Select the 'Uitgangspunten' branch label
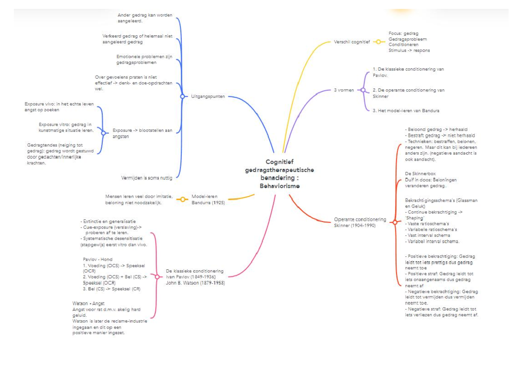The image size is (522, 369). click(208, 96)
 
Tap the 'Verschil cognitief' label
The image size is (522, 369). click(351, 42)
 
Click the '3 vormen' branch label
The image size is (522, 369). click(344, 90)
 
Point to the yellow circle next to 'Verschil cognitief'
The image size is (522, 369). click(378, 42)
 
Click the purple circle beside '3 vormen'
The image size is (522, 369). click(362, 90)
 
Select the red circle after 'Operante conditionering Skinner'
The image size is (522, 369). click(394, 222)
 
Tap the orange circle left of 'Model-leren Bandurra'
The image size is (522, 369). click(183, 199)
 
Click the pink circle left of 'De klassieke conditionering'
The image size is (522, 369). click(157, 276)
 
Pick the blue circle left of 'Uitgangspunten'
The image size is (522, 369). click(182, 96)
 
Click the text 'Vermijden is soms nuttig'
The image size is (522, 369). click(147, 178)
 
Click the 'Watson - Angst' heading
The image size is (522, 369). click(88, 303)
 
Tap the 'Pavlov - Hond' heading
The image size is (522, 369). click(97, 259)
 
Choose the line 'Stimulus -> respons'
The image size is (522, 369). click(409, 50)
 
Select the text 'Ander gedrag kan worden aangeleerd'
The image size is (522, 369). click(145, 18)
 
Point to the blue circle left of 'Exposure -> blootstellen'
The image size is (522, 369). click(103, 133)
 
